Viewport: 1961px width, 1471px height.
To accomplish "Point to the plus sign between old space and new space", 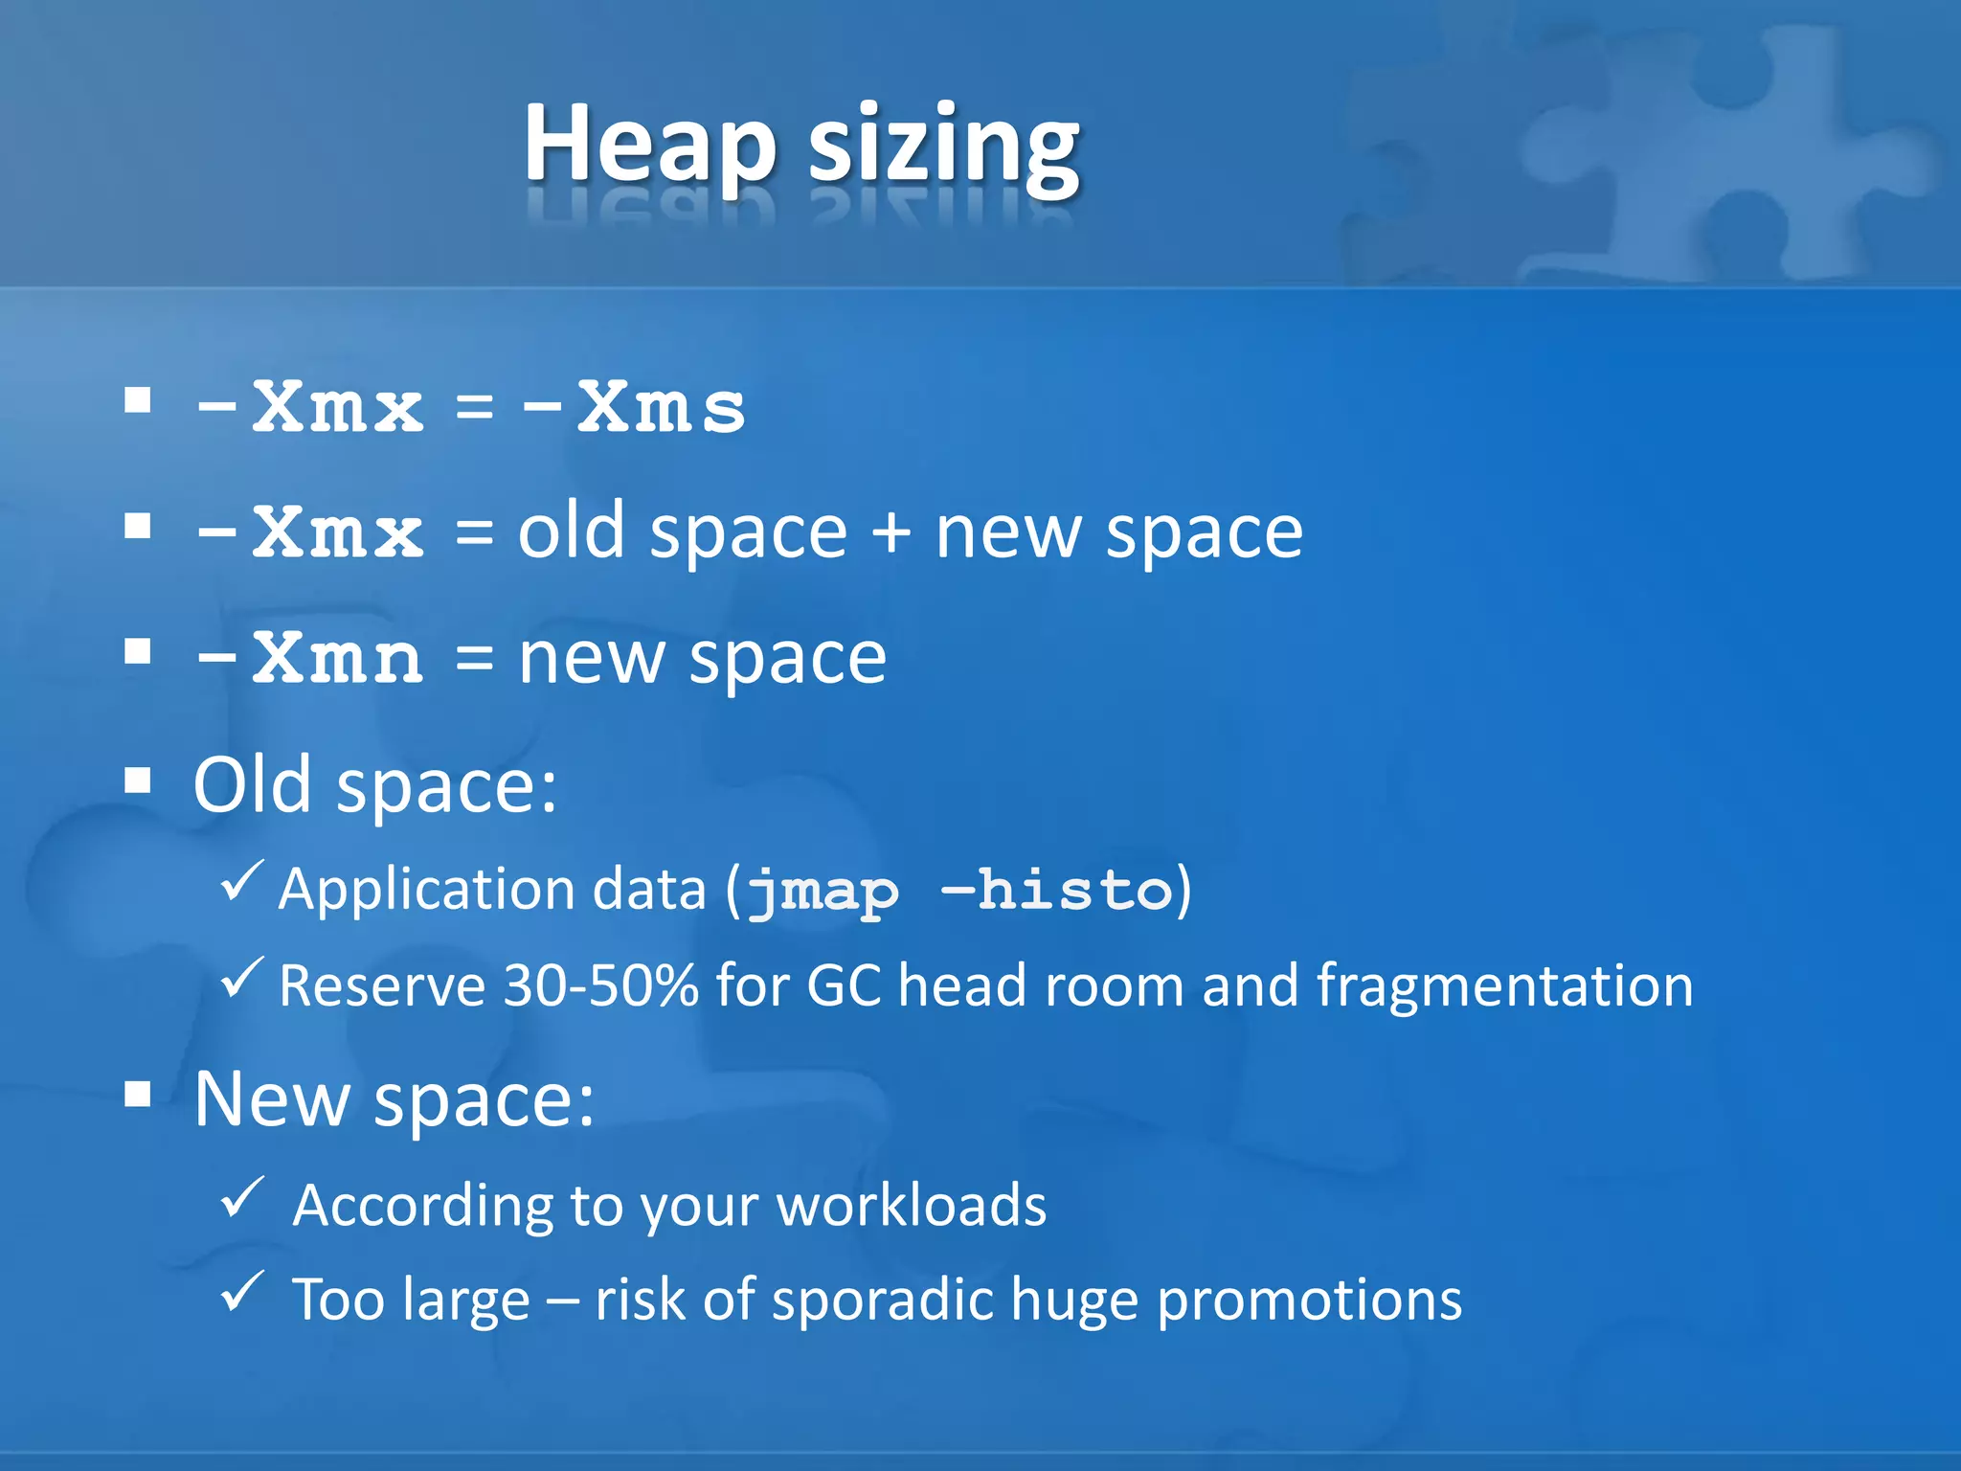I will pos(890,532).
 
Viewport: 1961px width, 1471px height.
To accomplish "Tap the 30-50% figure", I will pos(600,985).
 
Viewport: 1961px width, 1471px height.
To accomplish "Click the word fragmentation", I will pos(1504,985).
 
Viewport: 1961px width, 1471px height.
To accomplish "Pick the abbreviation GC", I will pos(844,985).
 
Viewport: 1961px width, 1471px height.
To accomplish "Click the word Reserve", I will pos(382,985).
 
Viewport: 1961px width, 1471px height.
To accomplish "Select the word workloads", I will pos(911,1205).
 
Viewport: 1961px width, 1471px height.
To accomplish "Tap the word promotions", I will pos(1309,1301).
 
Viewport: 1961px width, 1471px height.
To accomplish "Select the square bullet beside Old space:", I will pos(139,781).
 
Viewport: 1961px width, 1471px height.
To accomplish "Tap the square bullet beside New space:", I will pos(139,1094).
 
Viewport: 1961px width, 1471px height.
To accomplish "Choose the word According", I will pos(422,1205).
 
